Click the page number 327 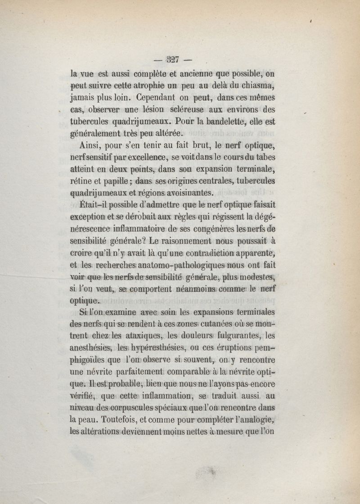click(172, 58)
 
